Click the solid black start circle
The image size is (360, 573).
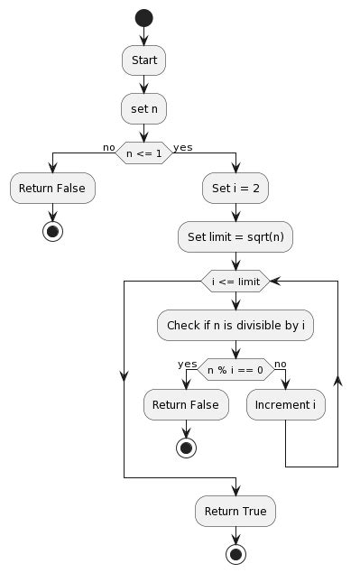click(144, 18)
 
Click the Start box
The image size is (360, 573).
click(144, 60)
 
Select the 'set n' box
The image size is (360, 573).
click(144, 108)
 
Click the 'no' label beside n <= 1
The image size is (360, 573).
click(108, 146)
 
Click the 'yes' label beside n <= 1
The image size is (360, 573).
click(183, 146)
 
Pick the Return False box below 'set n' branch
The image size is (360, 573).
click(53, 189)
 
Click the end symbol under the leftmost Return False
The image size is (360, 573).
click(53, 231)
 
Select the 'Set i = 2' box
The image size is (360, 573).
click(235, 189)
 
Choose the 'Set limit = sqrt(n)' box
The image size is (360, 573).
click(235, 236)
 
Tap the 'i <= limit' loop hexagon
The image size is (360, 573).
click(235, 282)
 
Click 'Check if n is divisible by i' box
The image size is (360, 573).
click(235, 325)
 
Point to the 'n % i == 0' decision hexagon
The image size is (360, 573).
click(235, 369)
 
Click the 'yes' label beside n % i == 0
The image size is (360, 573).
click(188, 363)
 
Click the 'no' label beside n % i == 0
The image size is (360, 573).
click(280, 363)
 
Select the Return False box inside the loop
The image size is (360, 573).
click(186, 405)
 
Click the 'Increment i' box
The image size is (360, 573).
click(286, 405)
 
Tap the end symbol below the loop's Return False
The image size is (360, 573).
click(186, 448)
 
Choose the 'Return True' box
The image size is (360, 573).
click(235, 511)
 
